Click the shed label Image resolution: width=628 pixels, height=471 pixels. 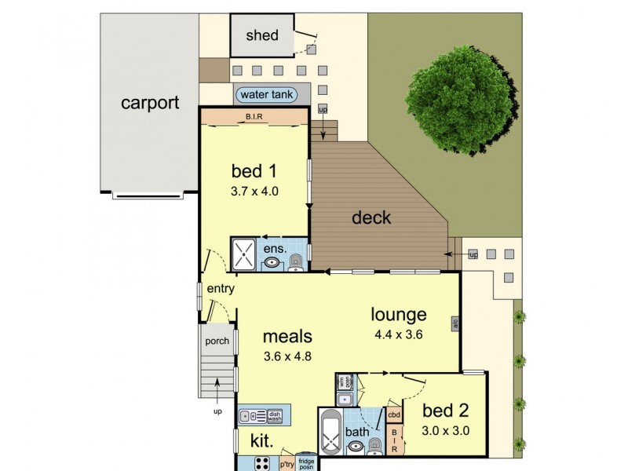point(262,35)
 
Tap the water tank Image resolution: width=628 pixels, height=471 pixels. point(266,94)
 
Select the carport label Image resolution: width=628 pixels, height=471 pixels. point(150,102)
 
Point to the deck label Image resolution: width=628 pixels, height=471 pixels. point(371,217)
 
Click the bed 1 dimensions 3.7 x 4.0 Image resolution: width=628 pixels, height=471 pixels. point(254,190)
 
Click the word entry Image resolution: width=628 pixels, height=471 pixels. point(221,289)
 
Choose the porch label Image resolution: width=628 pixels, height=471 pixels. point(217,341)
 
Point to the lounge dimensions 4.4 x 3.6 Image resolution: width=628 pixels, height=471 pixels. point(399,334)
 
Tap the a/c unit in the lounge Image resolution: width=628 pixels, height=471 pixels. point(455,323)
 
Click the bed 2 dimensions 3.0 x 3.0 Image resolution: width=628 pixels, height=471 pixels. point(445,429)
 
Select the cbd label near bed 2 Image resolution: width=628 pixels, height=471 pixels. point(395,414)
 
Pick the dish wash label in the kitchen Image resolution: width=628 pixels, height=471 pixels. point(275,415)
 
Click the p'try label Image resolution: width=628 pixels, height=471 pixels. point(286,463)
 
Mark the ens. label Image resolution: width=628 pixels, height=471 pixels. point(273,249)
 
